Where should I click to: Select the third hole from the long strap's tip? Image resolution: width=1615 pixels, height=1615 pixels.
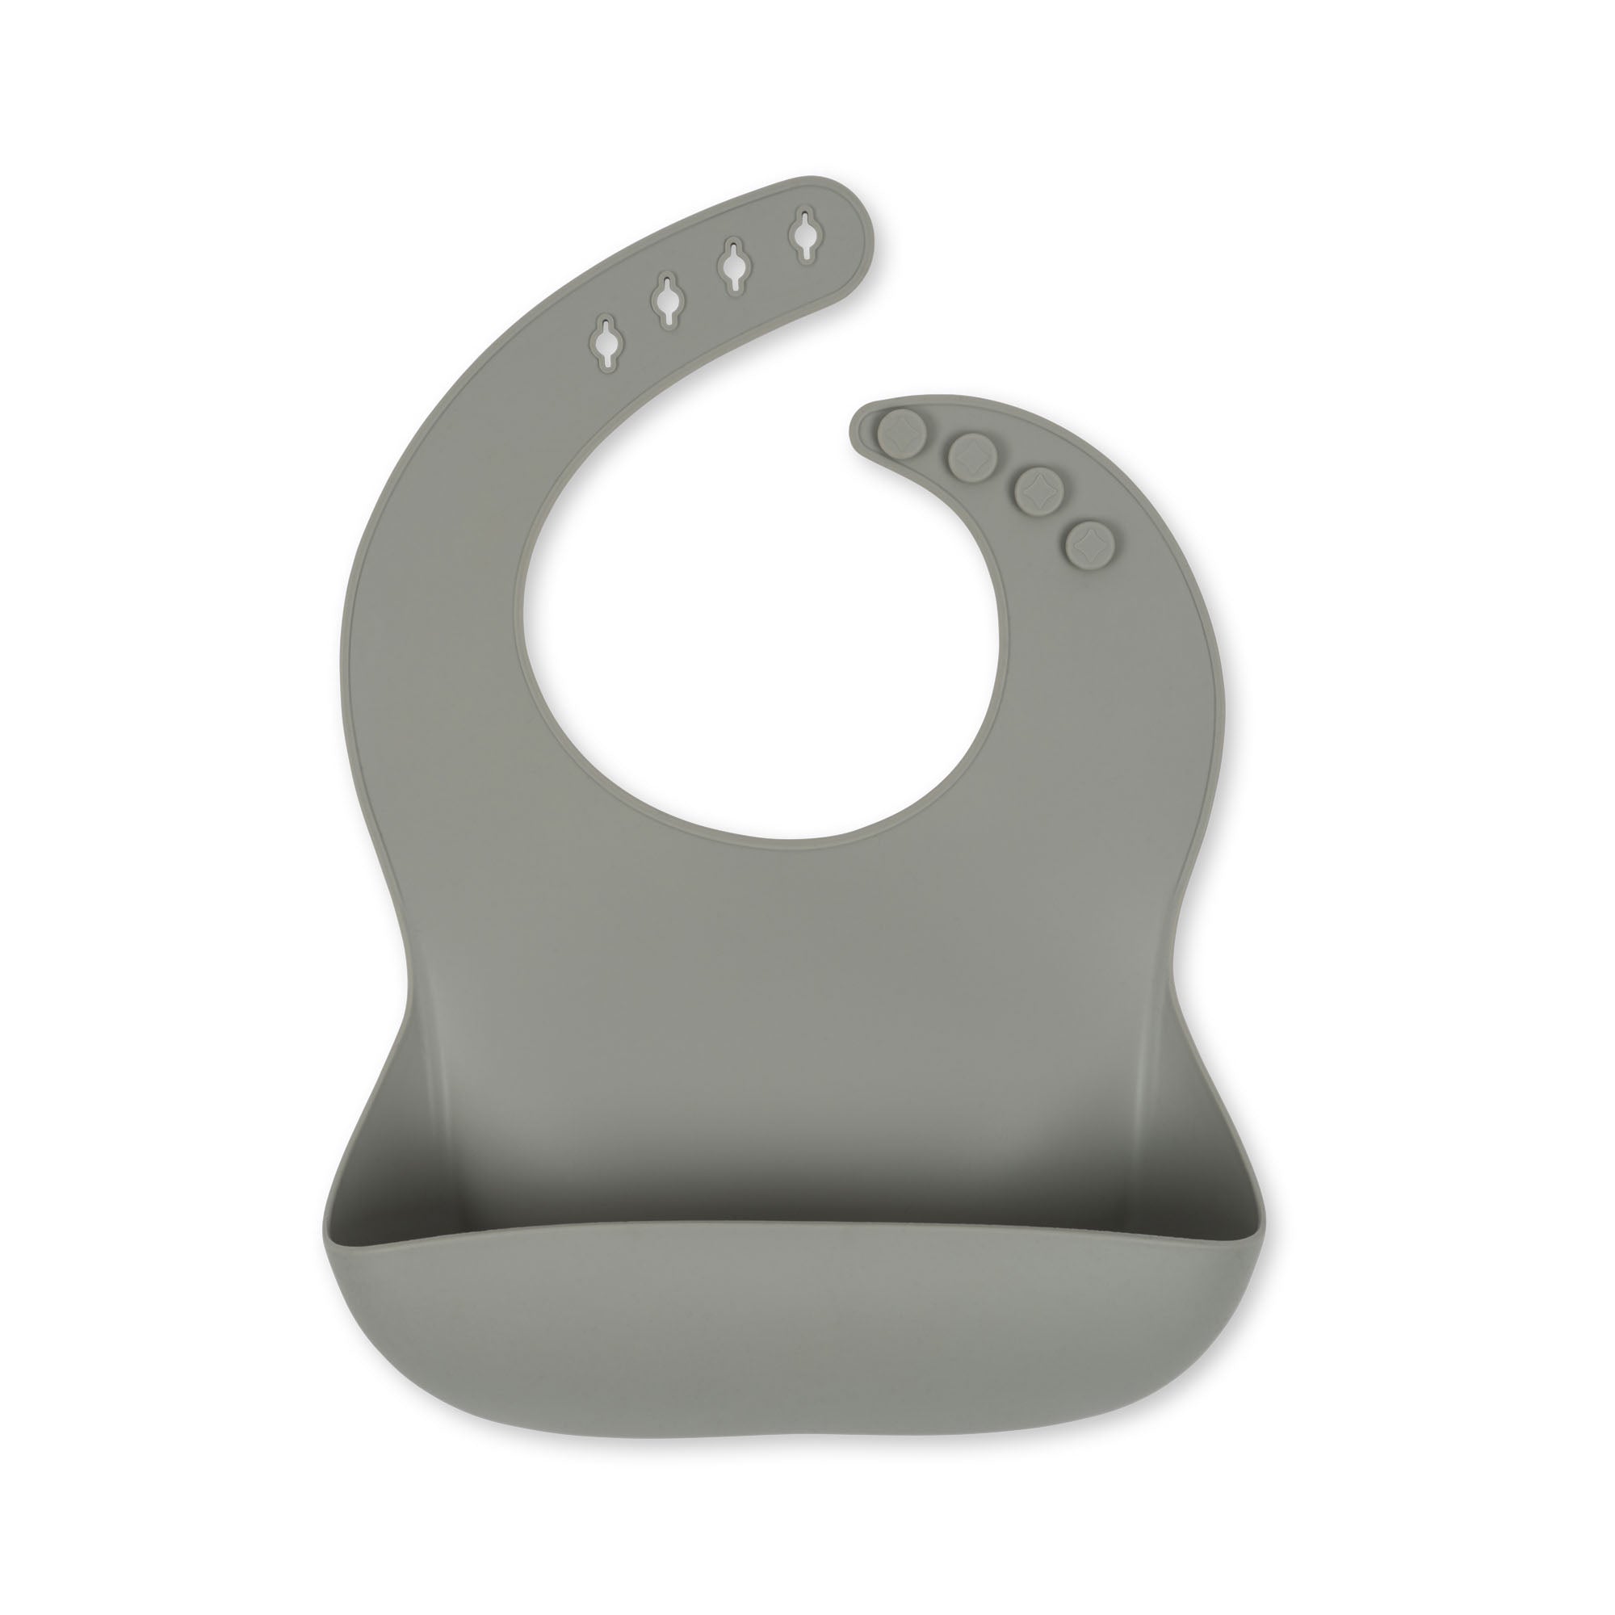click(667, 299)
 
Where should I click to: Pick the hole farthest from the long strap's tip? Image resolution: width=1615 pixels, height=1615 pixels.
click(605, 339)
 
